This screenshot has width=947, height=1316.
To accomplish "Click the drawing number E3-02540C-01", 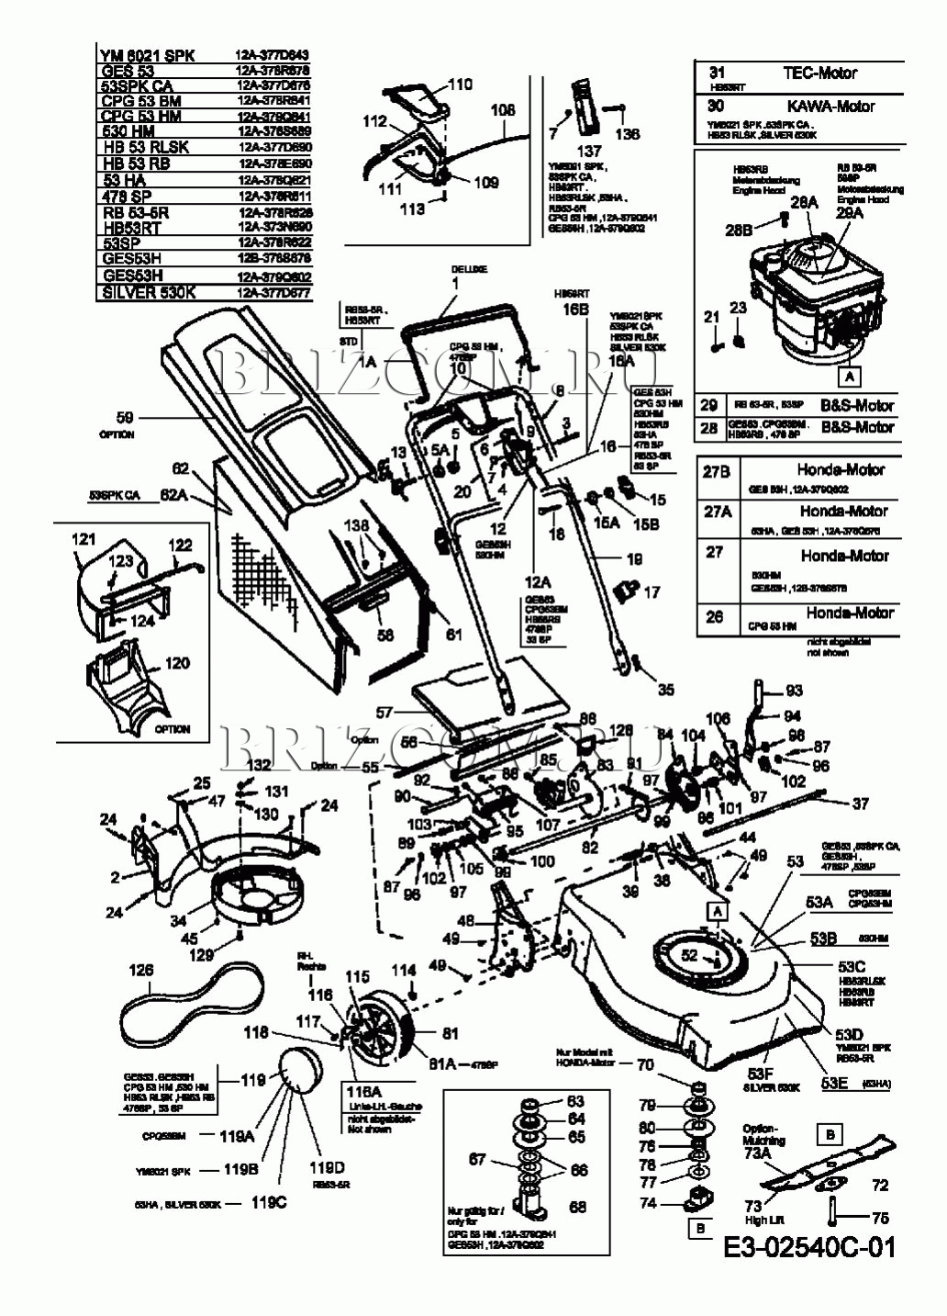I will [x=808, y=1246].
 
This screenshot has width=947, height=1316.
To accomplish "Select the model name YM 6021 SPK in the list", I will [x=147, y=55].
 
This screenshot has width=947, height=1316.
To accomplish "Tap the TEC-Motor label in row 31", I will [x=819, y=73].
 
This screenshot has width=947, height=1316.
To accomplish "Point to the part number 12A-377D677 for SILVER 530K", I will [x=273, y=294].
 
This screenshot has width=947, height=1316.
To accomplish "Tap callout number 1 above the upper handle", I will [x=453, y=285].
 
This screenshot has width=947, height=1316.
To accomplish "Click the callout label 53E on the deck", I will [x=834, y=1083].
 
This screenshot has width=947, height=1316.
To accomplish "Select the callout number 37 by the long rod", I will [x=860, y=804].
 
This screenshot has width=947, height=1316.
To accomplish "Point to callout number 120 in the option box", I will [x=176, y=663].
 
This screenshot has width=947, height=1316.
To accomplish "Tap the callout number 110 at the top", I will [x=460, y=84].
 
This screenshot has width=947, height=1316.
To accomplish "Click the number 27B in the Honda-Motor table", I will [x=716, y=471].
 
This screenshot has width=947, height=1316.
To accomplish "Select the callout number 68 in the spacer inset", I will [x=577, y=1207].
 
